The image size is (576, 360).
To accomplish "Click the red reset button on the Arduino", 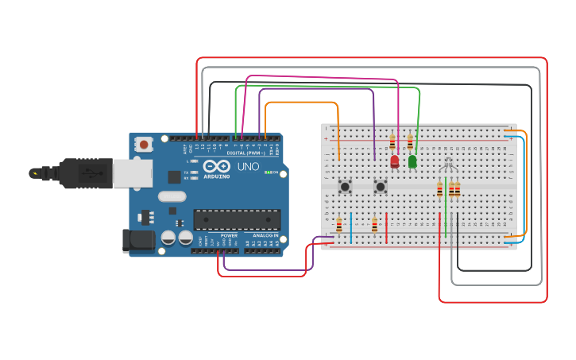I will [143, 145].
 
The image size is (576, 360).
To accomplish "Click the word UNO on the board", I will [249, 167].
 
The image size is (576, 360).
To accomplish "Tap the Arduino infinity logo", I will [216, 167].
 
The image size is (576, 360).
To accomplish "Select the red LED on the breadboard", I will [395, 161].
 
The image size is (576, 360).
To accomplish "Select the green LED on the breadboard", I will [412, 161].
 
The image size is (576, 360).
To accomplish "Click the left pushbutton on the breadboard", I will [346, 188].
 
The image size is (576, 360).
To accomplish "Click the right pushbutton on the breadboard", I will [381, 188].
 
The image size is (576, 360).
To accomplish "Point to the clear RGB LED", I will [448, 166].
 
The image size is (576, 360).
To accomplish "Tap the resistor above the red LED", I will [392, 143].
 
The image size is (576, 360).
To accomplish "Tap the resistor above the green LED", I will [410, 143].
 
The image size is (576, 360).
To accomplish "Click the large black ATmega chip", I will [237, 219].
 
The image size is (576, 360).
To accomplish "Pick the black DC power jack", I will [137, 241].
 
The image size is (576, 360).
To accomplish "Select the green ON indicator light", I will [269, 172].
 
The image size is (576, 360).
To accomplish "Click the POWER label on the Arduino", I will [229, 235].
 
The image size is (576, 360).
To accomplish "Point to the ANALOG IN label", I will [265, 235].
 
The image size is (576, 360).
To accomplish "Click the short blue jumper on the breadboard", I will [350, 227].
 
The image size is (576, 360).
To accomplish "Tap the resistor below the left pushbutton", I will [339, 226].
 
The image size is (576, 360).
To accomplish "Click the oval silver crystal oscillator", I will [172, 195].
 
